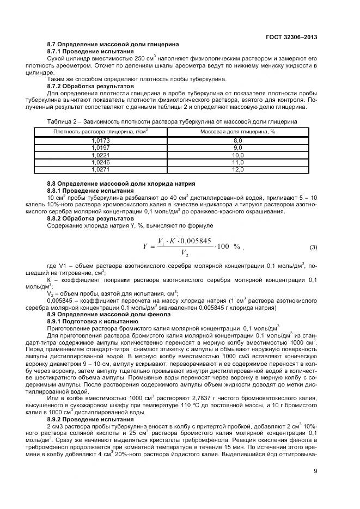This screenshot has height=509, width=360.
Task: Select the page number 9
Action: coord(315,471)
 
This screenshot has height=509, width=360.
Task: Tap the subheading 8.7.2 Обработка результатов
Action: coord(90,86)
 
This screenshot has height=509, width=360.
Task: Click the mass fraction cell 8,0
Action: coord(237,140)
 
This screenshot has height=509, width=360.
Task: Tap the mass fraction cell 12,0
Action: coord(237,169)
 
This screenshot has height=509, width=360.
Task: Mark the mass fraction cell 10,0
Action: coord(237,155)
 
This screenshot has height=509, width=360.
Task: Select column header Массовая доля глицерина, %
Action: coord(237,132)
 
